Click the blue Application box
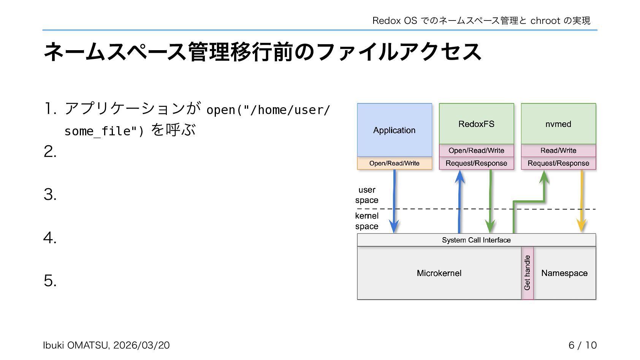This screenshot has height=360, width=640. (394, 130)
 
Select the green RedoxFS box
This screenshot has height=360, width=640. (476, 124)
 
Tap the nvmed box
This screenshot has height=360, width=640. (558, 124)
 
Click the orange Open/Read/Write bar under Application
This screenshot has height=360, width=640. (394, 163)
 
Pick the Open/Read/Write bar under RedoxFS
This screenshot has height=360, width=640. (476, 151)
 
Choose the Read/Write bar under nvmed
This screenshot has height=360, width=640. (558, 151)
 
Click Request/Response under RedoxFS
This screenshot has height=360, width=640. (476, 163)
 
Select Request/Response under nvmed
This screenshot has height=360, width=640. (558, 163)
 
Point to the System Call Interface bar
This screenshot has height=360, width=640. (476, 240)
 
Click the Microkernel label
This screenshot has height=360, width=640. (439, 273)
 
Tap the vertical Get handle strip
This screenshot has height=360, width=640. (527, 273)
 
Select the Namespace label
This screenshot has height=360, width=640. (564, 273)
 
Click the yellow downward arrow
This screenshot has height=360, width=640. (581, 201)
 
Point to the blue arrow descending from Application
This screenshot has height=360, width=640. (394, 201)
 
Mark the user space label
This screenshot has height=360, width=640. (367, 195)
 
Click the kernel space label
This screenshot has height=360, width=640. (367, 221)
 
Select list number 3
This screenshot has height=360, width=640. (50, 195)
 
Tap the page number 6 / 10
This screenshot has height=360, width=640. (582, 345)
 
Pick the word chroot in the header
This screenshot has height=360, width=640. (545, 21)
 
